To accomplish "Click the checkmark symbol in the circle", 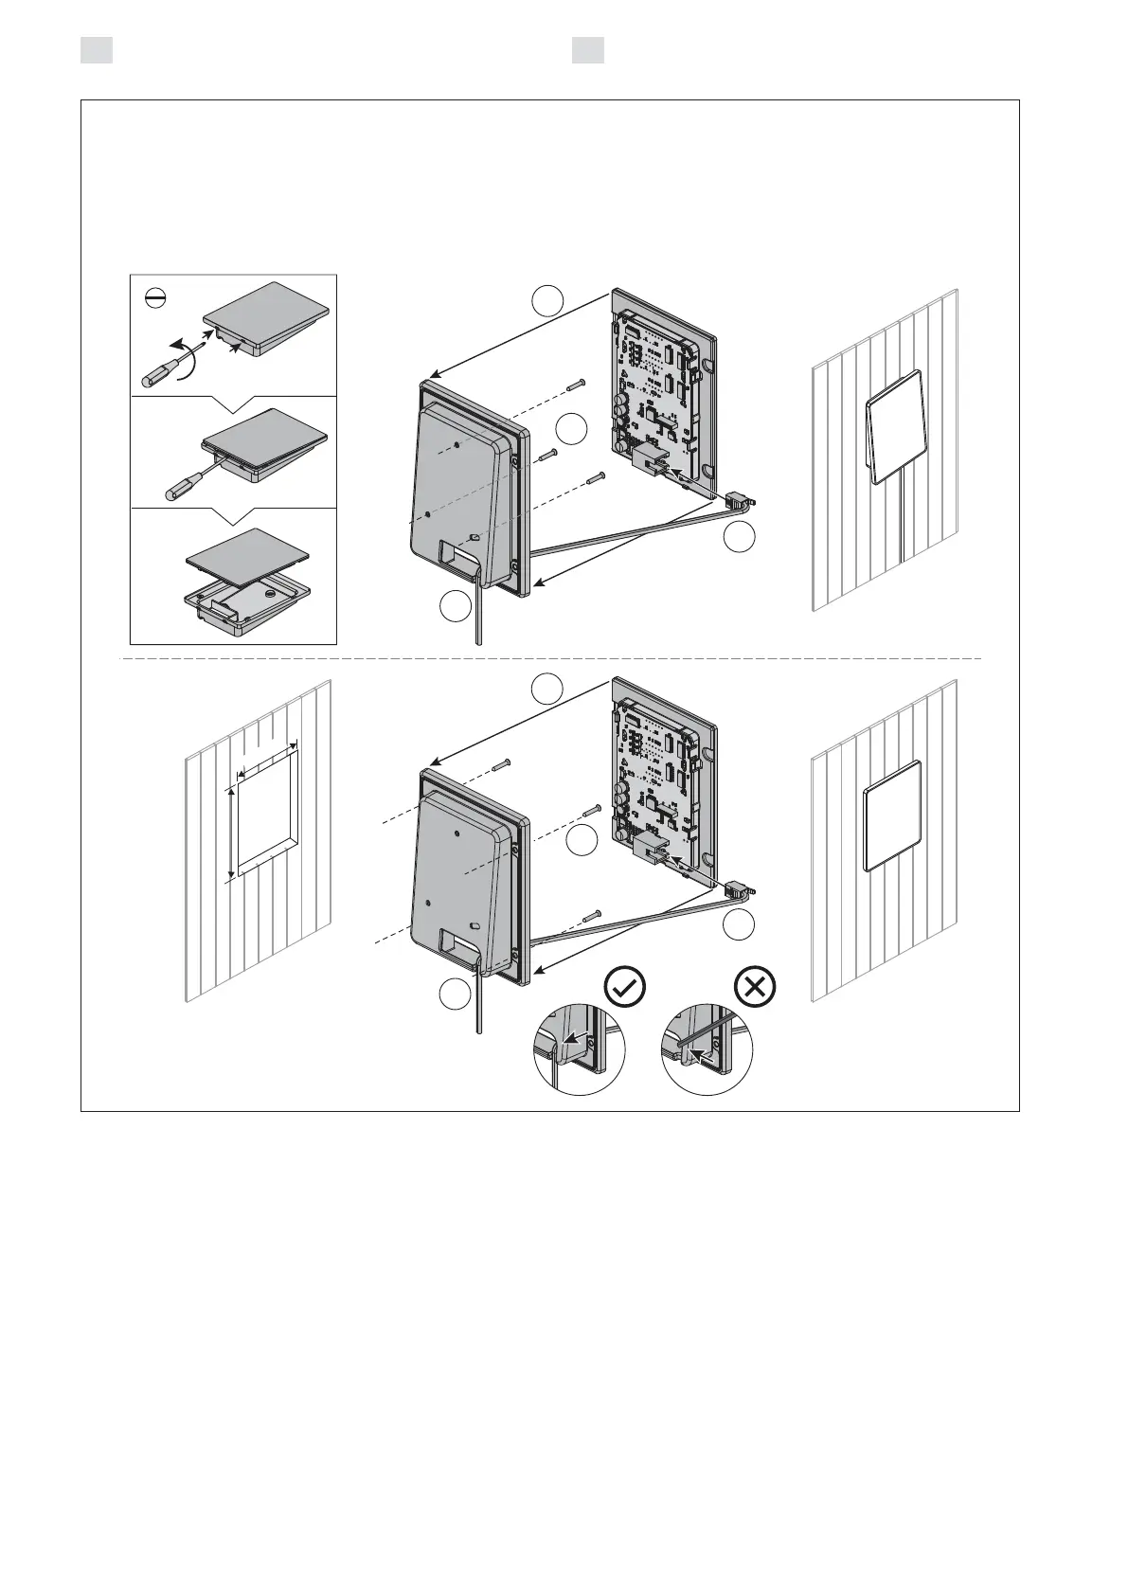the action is point(625,988).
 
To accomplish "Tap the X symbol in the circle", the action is point(755,988).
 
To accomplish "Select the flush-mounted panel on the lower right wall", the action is point(892,815).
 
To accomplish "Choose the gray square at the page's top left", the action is point(97,50).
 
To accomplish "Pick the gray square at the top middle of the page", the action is point(588,50).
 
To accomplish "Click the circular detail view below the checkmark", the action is point(580,1049).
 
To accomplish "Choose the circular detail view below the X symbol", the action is point(707,1049).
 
